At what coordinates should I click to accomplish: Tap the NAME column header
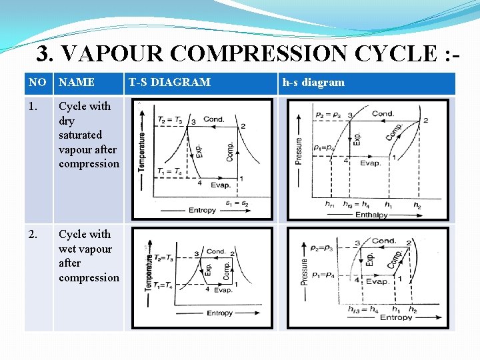[x=77, y=83]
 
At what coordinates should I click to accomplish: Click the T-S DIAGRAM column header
[x=169, y=83]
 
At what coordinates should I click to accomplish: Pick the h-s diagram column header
[x=313, y=83]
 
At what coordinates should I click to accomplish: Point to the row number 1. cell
[x=34, y=106]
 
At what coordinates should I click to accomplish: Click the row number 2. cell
[x=34, y=234]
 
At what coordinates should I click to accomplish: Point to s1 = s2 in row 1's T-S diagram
[x=237, y=203]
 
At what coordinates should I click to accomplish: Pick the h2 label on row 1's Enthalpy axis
[x=417, y=205]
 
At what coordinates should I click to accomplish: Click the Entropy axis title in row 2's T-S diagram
[x=219, y=313]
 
